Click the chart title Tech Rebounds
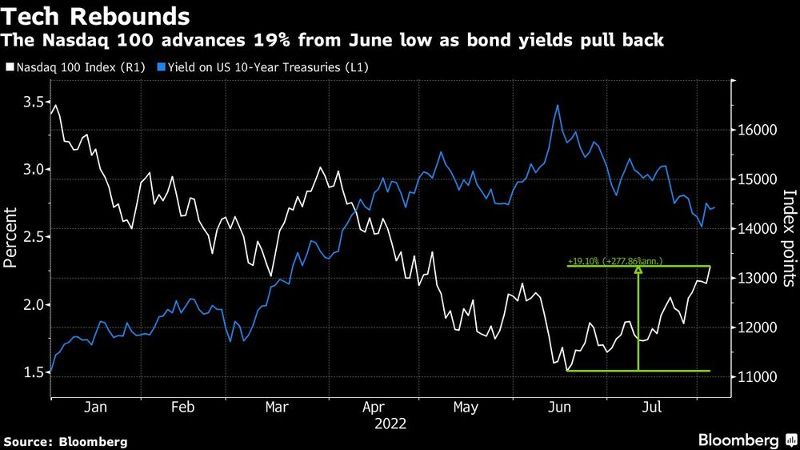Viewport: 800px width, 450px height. point(97,15)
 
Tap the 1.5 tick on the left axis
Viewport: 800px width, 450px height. point(34,372)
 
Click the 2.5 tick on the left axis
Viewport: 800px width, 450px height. point(34,237)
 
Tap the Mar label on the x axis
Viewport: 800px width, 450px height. point(277,408)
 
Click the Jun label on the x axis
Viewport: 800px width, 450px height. point(559,408)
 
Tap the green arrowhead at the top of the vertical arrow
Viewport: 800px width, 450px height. point(638,270)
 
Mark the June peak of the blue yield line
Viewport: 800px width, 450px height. point(557,105)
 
